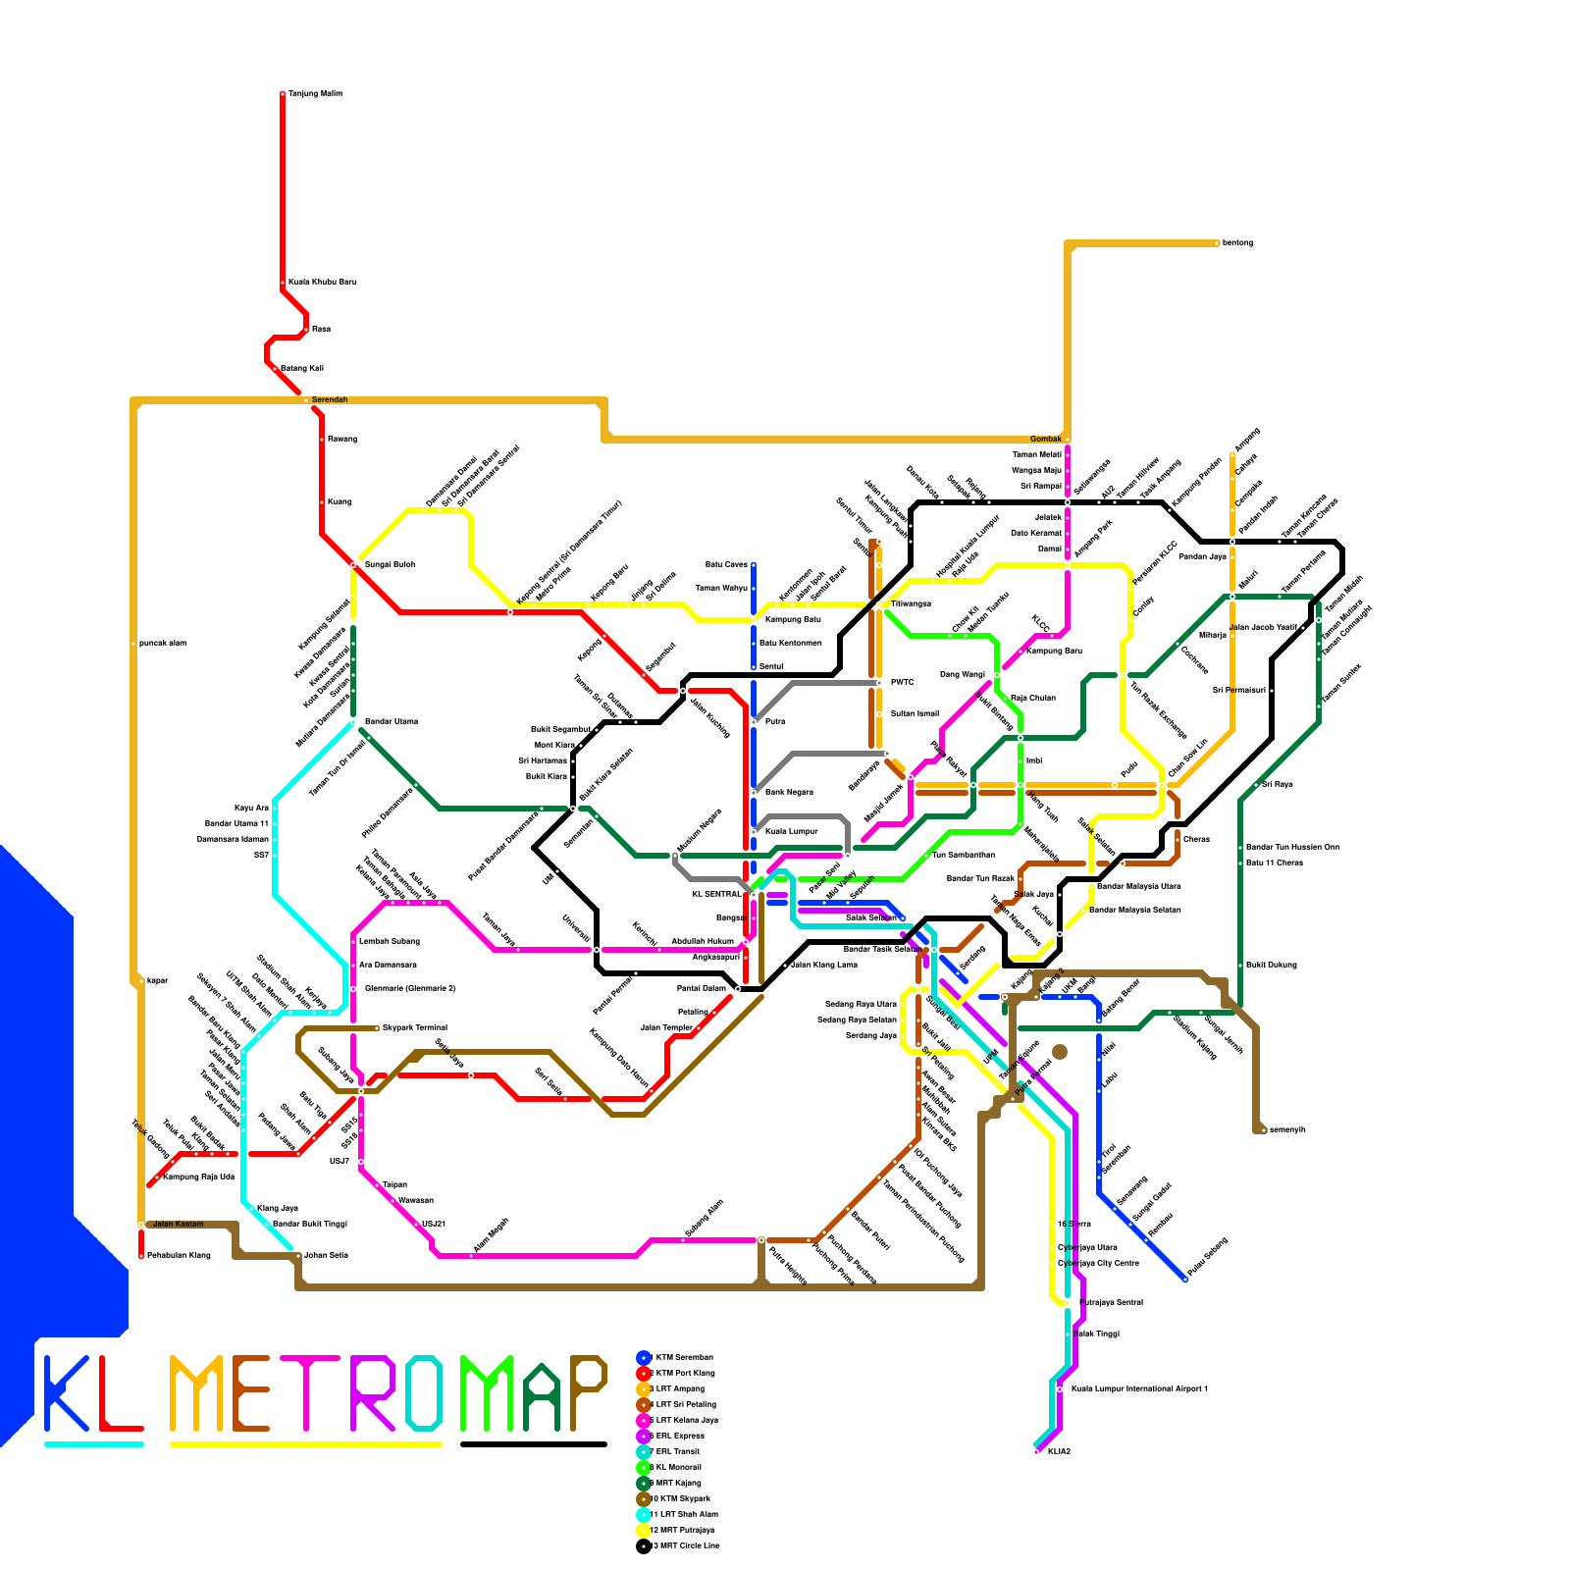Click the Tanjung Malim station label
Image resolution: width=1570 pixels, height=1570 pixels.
point(315,94)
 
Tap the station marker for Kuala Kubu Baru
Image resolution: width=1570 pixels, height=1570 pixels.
point(283,283)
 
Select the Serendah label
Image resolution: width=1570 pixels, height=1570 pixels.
point(330,400)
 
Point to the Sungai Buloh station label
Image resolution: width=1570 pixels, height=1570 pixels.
point(390,565)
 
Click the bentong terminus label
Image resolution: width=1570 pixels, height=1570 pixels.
point(1237,243)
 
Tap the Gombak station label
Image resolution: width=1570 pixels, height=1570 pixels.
point(1045,439)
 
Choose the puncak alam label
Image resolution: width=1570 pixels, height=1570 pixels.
point(162,644)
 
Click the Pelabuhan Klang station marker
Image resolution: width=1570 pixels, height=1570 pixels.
point(141,1256)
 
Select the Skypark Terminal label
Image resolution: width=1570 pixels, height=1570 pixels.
point(414,1028)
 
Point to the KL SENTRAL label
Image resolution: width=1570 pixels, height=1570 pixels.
point(716,895)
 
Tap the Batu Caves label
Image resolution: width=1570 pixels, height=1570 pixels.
point(726,565)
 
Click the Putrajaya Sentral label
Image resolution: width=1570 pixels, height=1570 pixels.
point(1111,1303)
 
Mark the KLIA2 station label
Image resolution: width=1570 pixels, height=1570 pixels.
point(1058,1451)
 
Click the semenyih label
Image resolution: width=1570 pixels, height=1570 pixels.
point(1287,1130)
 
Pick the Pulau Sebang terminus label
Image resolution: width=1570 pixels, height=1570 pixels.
point(1207,1257)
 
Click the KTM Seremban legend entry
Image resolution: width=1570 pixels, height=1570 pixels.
point(684,1357)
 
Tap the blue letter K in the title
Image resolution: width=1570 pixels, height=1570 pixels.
point(67,1393)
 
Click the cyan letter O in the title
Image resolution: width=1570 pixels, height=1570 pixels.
point(424,1393)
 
